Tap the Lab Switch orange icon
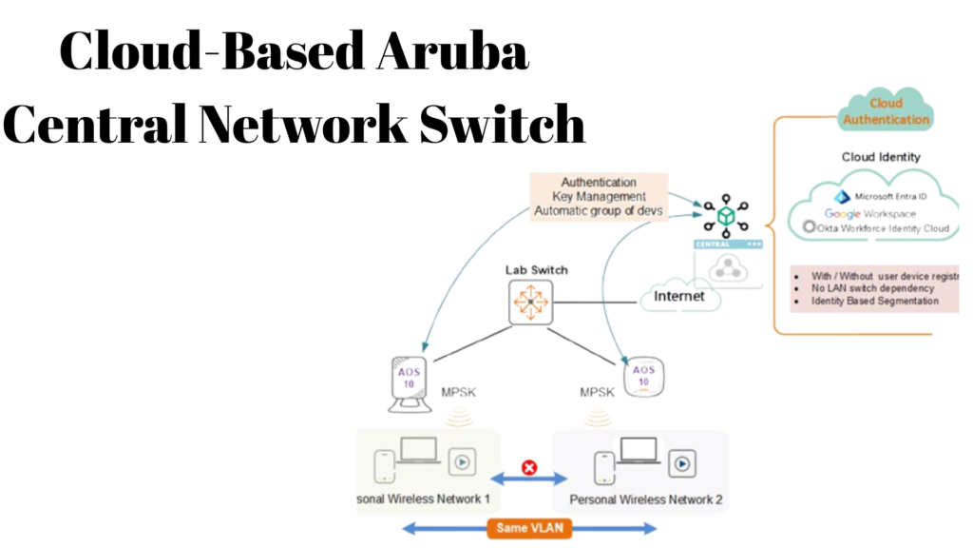[529, 303]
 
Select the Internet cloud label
[678, 296]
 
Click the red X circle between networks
[529, 467]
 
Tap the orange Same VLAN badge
[529, 527]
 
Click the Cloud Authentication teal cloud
[886, 111]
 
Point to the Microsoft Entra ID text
[890, 196]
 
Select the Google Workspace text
[870, 214]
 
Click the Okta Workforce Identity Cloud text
[883, 227]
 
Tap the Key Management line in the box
[599, 196]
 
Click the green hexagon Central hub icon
[726, 217]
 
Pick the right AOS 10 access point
[643, 376]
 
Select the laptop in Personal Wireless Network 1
[419, 452]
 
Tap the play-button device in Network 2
[680, 464]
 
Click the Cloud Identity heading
[880, 157]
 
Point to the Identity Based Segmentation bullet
[874, 301]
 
